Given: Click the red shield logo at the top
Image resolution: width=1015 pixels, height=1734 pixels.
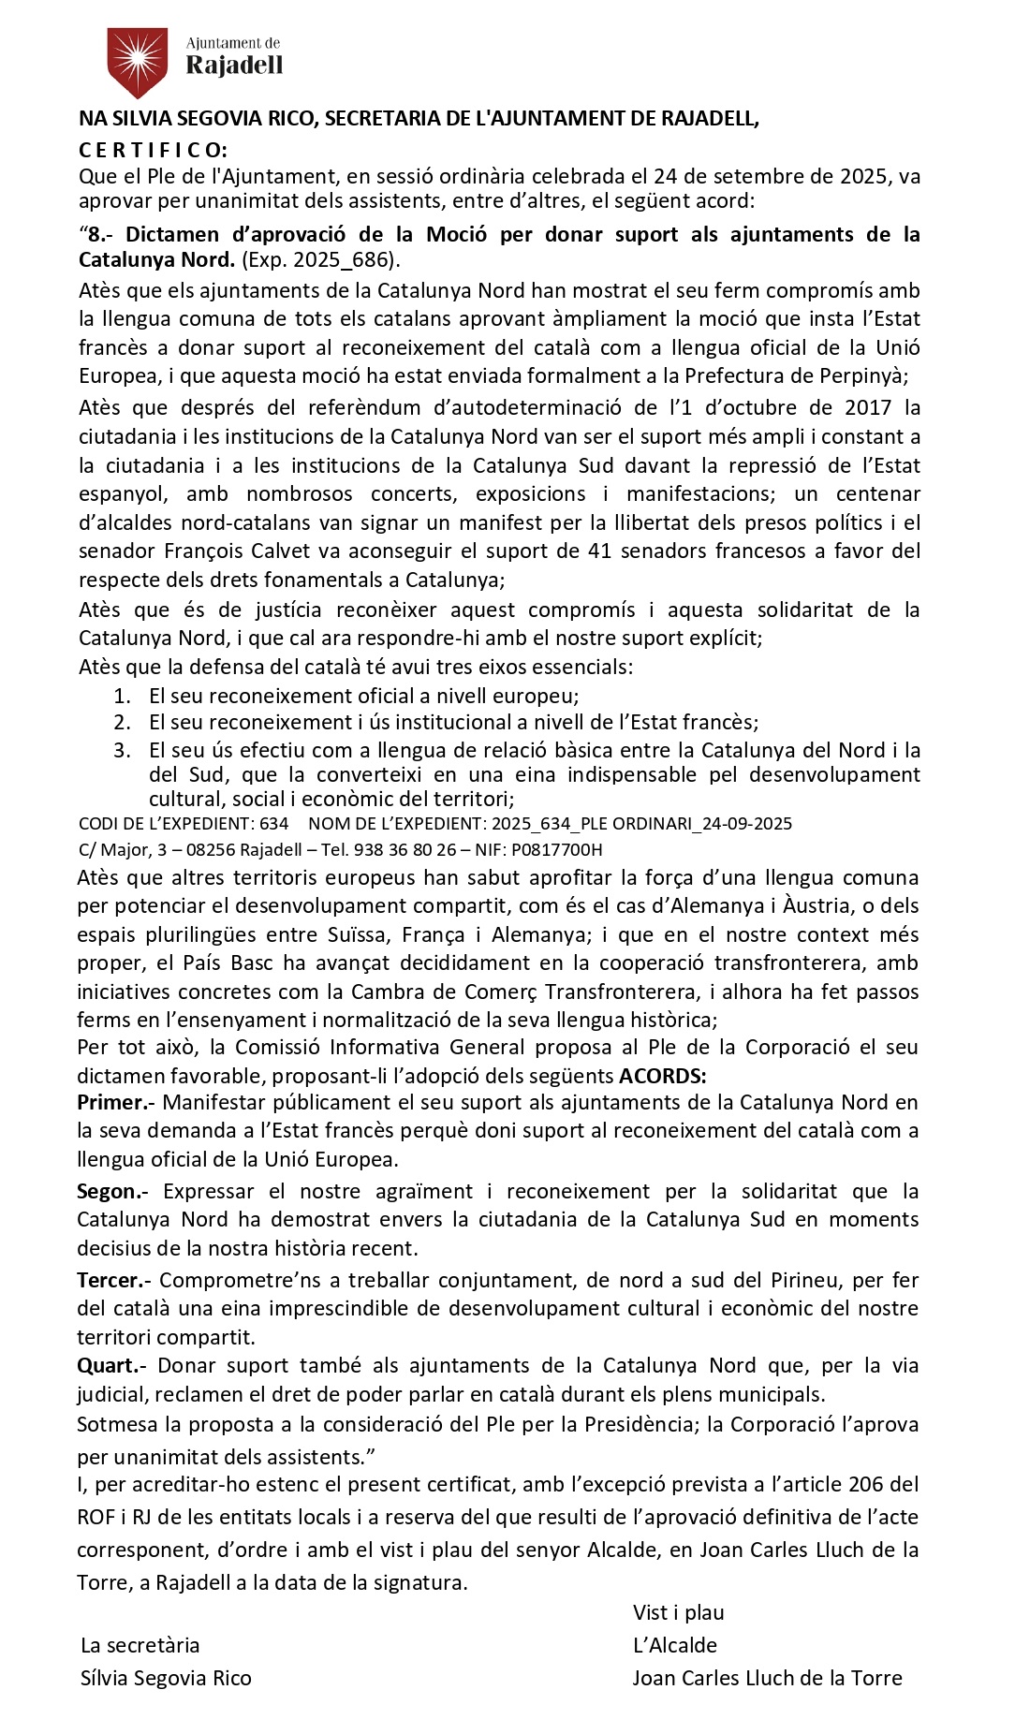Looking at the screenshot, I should pyautogui.click(x=138, y=62).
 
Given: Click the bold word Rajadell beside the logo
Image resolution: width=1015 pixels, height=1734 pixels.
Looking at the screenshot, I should pyautogui.click(x=234, y=65).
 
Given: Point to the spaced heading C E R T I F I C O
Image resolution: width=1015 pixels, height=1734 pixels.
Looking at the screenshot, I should pyautogui.click(x=153, y=150).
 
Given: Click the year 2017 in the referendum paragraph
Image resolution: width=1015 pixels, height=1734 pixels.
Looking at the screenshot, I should pyautogui.click(x=868, y=407).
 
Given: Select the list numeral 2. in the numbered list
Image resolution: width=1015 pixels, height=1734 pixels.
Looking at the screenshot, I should pyautogui.click(x=122, y=722).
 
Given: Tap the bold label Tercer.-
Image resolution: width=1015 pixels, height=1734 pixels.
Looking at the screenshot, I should pyautogui.click(x=116, y=1280).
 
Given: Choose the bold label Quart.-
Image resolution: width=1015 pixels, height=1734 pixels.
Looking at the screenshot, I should pyautogui.click(x=114, y=1365).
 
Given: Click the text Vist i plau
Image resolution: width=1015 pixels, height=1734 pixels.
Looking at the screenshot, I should pyautogui.click(x=679, y=1612).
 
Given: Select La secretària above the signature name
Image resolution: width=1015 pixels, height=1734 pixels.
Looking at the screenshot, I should pyautogui.click(x=140, y=1645).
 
